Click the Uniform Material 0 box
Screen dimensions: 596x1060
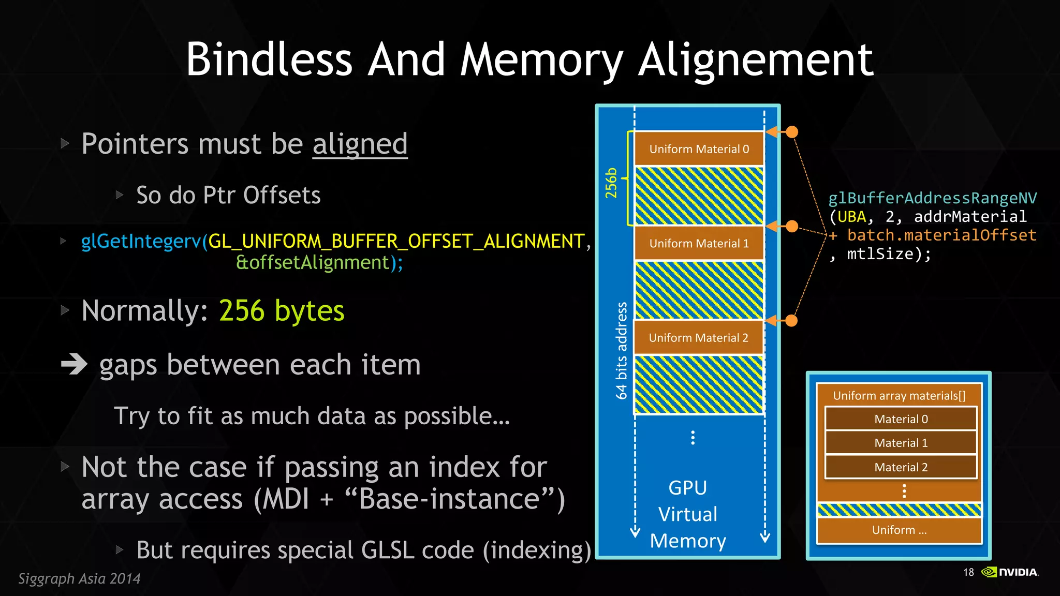click(x=699, y=149)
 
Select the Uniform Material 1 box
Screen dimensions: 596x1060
click(x=699, y=243)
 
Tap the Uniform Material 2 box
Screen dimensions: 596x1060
click(x=699, y=338)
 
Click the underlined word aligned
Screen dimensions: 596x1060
click(x=360, y=144)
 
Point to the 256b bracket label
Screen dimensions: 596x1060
click(x=612, y=183)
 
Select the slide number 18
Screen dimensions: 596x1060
click(x=968, y=572)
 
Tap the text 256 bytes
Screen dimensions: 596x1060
click(x=282, y=310)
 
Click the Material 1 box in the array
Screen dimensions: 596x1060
click(x=901, y=443)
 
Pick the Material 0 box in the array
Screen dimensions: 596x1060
click(x=901, y=419)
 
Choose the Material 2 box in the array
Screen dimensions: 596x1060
click(x=901, y=467)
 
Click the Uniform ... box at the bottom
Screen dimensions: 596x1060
click(x=899, y=530)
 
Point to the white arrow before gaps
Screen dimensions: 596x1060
click(x=74, y=364)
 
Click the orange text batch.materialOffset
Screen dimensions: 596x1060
click(x=941, y=235)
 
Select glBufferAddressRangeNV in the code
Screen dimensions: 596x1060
click(x=932, y=198)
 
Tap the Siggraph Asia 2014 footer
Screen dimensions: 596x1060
click(x=79, y=578)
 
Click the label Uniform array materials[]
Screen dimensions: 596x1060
click(x=899, y=396)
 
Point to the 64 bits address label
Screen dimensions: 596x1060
click(x=621, y=350)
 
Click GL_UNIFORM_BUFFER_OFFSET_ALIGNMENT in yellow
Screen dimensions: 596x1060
click(x=396, y=241)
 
